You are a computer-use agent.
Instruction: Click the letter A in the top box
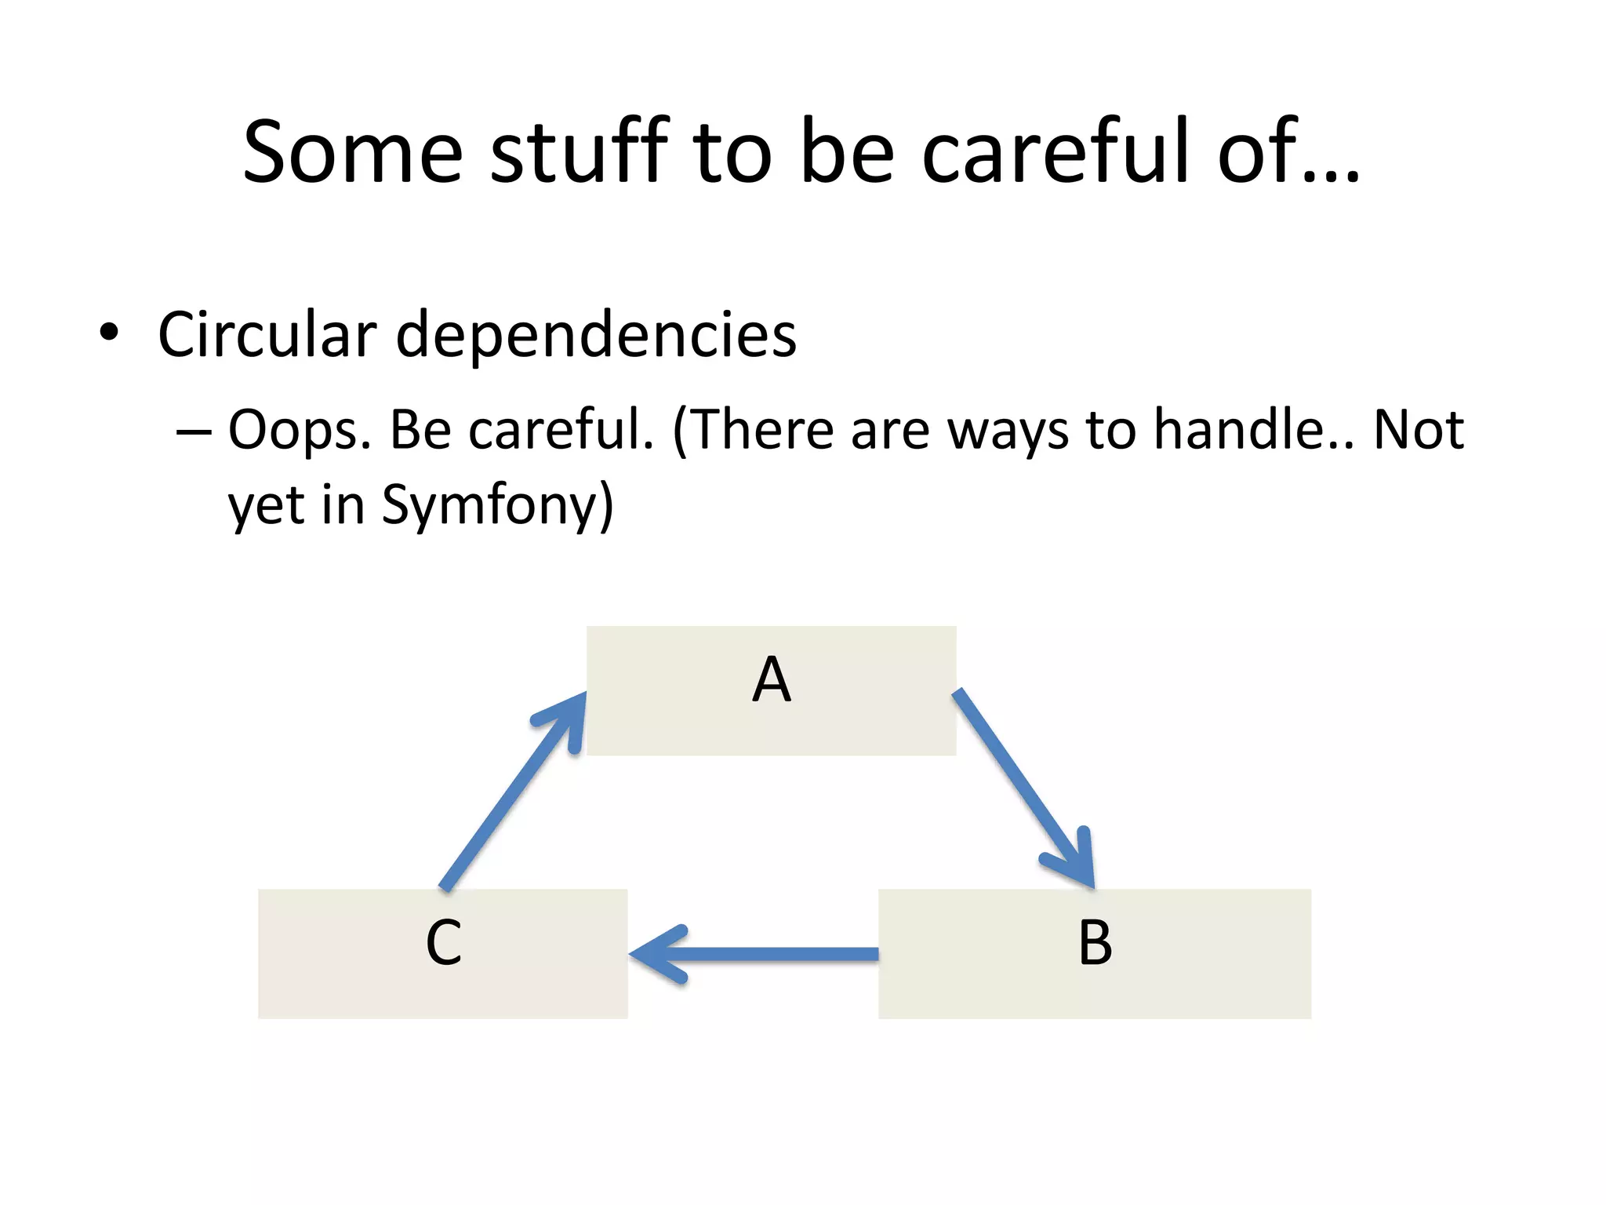point(772,679)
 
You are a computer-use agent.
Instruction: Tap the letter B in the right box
point(1095,942)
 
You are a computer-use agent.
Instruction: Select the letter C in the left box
point(443,942)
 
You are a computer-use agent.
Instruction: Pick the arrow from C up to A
point(510,792)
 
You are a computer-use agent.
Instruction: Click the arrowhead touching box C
point(655,954)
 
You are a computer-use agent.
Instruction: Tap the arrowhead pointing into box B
point(1078,863)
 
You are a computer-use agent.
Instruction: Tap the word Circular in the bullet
point(267,334)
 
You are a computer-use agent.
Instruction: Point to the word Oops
point(299,431)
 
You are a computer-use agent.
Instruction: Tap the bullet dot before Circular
point(109,333)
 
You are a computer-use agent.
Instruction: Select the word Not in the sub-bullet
point(1419,429)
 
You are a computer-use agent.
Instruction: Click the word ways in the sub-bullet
point(1008,431)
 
